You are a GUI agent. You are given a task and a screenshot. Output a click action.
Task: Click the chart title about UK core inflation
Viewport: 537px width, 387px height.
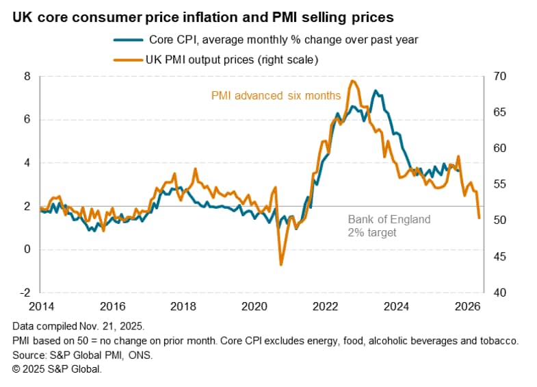pos(202,15)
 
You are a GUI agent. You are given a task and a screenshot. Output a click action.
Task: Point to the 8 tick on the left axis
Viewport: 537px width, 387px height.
pos(27,76)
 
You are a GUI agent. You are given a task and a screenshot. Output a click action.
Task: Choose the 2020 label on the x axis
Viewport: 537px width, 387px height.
pos(254,305)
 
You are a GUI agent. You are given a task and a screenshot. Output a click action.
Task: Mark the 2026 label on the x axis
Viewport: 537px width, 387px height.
pos(465,305)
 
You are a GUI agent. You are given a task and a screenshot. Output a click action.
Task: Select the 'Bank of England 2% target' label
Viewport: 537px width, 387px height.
pos(389,226)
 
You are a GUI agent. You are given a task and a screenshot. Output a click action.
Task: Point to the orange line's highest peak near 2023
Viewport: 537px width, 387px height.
pos(352,81)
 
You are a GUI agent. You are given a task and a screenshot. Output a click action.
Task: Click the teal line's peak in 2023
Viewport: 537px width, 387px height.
pos(375,90)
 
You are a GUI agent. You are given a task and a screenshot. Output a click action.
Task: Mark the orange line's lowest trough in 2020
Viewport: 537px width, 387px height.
pos(280,264)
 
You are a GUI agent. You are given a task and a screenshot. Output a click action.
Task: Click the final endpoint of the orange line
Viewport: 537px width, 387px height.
pos(479,218)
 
